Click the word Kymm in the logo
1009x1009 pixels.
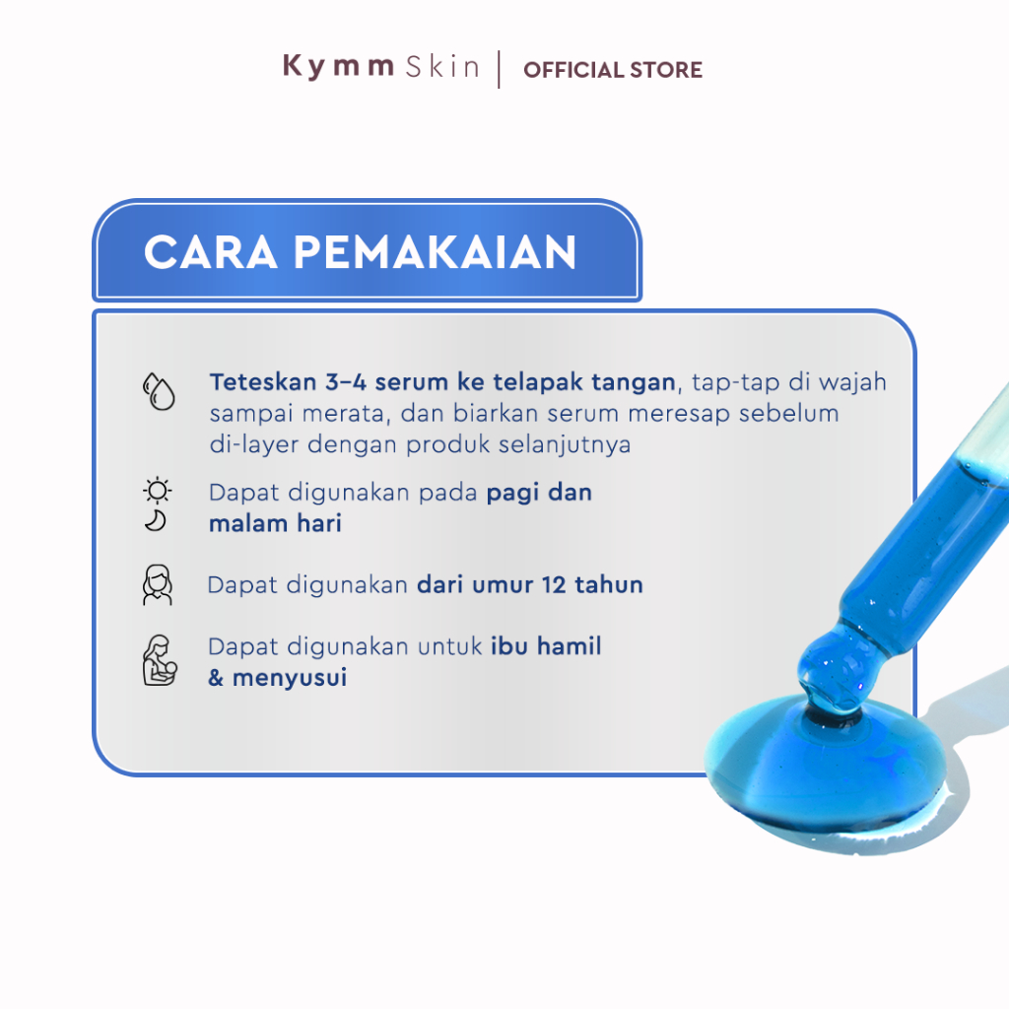[x=338, y=67]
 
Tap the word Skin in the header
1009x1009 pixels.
[x=442, y=66]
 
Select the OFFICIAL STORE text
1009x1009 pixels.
[x=613, y=70]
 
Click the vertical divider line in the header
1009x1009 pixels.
[x=499, y=70]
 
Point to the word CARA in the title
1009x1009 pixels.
[x=211, y=251]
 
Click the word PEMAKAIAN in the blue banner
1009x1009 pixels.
[x=435, y=251]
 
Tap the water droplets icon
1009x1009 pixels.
[x=159, y=390]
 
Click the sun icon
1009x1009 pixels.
[x=157, y=491]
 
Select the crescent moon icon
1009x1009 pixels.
[x=156, y=520]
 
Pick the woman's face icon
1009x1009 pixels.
[x=158, y=585]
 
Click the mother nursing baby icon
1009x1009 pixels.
[x=160, y=660]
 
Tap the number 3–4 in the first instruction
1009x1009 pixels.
[x=346, y=382]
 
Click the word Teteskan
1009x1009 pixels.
[x=263, y=382]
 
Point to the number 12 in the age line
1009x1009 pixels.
[x=554, y=585]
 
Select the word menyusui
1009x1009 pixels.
[x=290, y=678]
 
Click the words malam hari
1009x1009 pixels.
[x=276, y=523]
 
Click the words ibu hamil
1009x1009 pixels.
[x=546, y=645]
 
